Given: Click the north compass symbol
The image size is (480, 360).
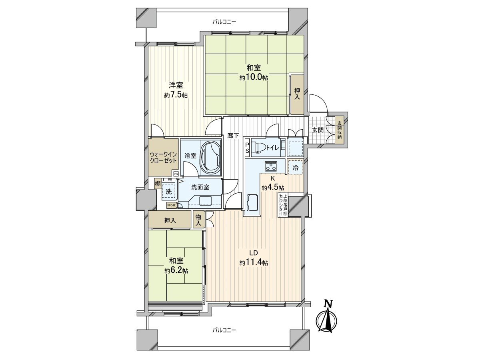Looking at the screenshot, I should point(328,318).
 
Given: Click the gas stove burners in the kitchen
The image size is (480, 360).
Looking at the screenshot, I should point(271,165).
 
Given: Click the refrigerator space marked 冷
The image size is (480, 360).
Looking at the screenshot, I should point(295,168).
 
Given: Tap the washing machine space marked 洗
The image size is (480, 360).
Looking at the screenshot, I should point(169,192).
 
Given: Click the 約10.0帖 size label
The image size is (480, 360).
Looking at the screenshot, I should point(254,78).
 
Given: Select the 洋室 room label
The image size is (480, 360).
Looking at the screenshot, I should point(176,85).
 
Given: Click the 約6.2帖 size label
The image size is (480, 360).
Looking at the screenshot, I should point(176,270).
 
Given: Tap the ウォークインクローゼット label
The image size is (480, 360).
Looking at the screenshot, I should point(163,157).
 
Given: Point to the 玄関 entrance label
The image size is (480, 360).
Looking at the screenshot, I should point(318,130).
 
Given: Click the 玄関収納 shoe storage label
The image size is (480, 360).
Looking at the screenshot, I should point(340,130).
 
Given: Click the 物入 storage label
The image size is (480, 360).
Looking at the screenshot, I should point(198,219).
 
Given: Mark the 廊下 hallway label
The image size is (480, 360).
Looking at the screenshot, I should point(233,136).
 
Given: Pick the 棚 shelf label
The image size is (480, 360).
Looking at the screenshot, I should point(158,184).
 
